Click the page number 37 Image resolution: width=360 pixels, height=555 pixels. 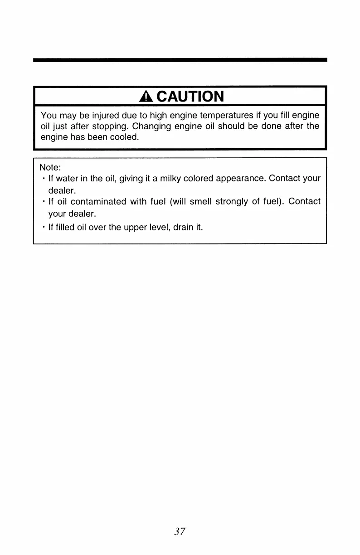(180, 531)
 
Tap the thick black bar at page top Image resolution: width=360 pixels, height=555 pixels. (180, 59)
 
